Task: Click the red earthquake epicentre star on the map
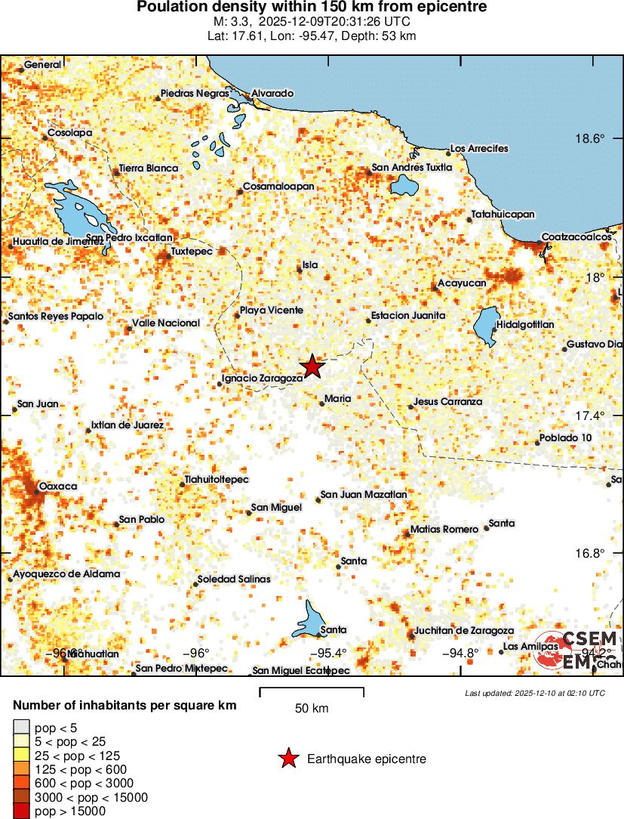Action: click(x=312, y=366)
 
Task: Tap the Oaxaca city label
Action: click(x=58, y=486)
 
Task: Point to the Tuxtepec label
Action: click(x=192, y=250)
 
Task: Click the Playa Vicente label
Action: click(x=272, y=311)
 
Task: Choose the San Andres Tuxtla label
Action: click(x=412, y=168)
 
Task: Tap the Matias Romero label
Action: click(x=444, y=530)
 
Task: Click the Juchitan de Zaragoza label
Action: click(x=464, y=630)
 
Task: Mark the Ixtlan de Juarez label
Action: click(x=128, y=425)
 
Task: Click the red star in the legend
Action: click(x=287, y=759)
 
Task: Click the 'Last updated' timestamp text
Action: click(x=534, y=693)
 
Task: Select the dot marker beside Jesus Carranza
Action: click(x=411, y=406)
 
